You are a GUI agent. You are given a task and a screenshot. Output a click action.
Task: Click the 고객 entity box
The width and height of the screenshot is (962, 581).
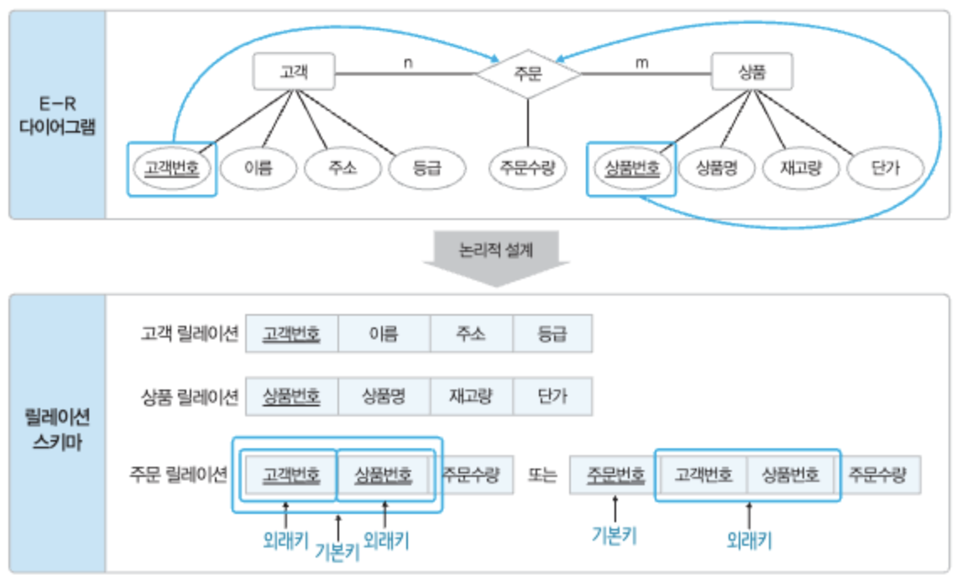pos(294,72)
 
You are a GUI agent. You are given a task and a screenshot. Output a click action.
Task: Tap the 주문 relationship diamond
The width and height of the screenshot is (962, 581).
pos(528,73)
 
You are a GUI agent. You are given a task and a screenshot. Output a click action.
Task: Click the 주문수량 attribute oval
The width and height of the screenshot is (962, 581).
pos(526,168)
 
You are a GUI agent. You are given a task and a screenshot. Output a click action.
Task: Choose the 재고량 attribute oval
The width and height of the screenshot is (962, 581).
pos(801,168)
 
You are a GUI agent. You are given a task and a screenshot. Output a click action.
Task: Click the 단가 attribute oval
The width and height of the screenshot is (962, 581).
pos(886,168)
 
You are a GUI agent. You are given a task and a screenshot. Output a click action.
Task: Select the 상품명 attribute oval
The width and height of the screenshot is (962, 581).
pos(716,168)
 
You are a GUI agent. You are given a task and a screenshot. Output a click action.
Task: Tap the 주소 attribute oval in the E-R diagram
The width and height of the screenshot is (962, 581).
pos(342,168)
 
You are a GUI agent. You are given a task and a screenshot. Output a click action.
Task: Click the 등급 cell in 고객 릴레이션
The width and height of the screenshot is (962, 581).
pos(552,333)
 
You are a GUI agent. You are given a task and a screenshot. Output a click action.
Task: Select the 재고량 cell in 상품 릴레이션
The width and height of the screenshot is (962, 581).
pos(471,396)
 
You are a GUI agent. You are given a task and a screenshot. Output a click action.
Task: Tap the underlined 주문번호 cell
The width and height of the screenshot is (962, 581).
pos(615,474)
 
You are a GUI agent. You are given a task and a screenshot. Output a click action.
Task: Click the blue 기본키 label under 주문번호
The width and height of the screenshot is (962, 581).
pos(617,532)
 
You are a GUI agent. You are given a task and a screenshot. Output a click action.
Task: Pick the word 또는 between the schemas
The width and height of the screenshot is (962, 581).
pos(542,475)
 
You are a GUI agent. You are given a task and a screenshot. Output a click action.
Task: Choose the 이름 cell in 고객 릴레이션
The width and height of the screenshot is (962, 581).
pos(384,333)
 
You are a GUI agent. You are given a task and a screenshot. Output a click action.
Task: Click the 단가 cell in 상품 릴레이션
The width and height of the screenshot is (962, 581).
pos(552,396)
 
